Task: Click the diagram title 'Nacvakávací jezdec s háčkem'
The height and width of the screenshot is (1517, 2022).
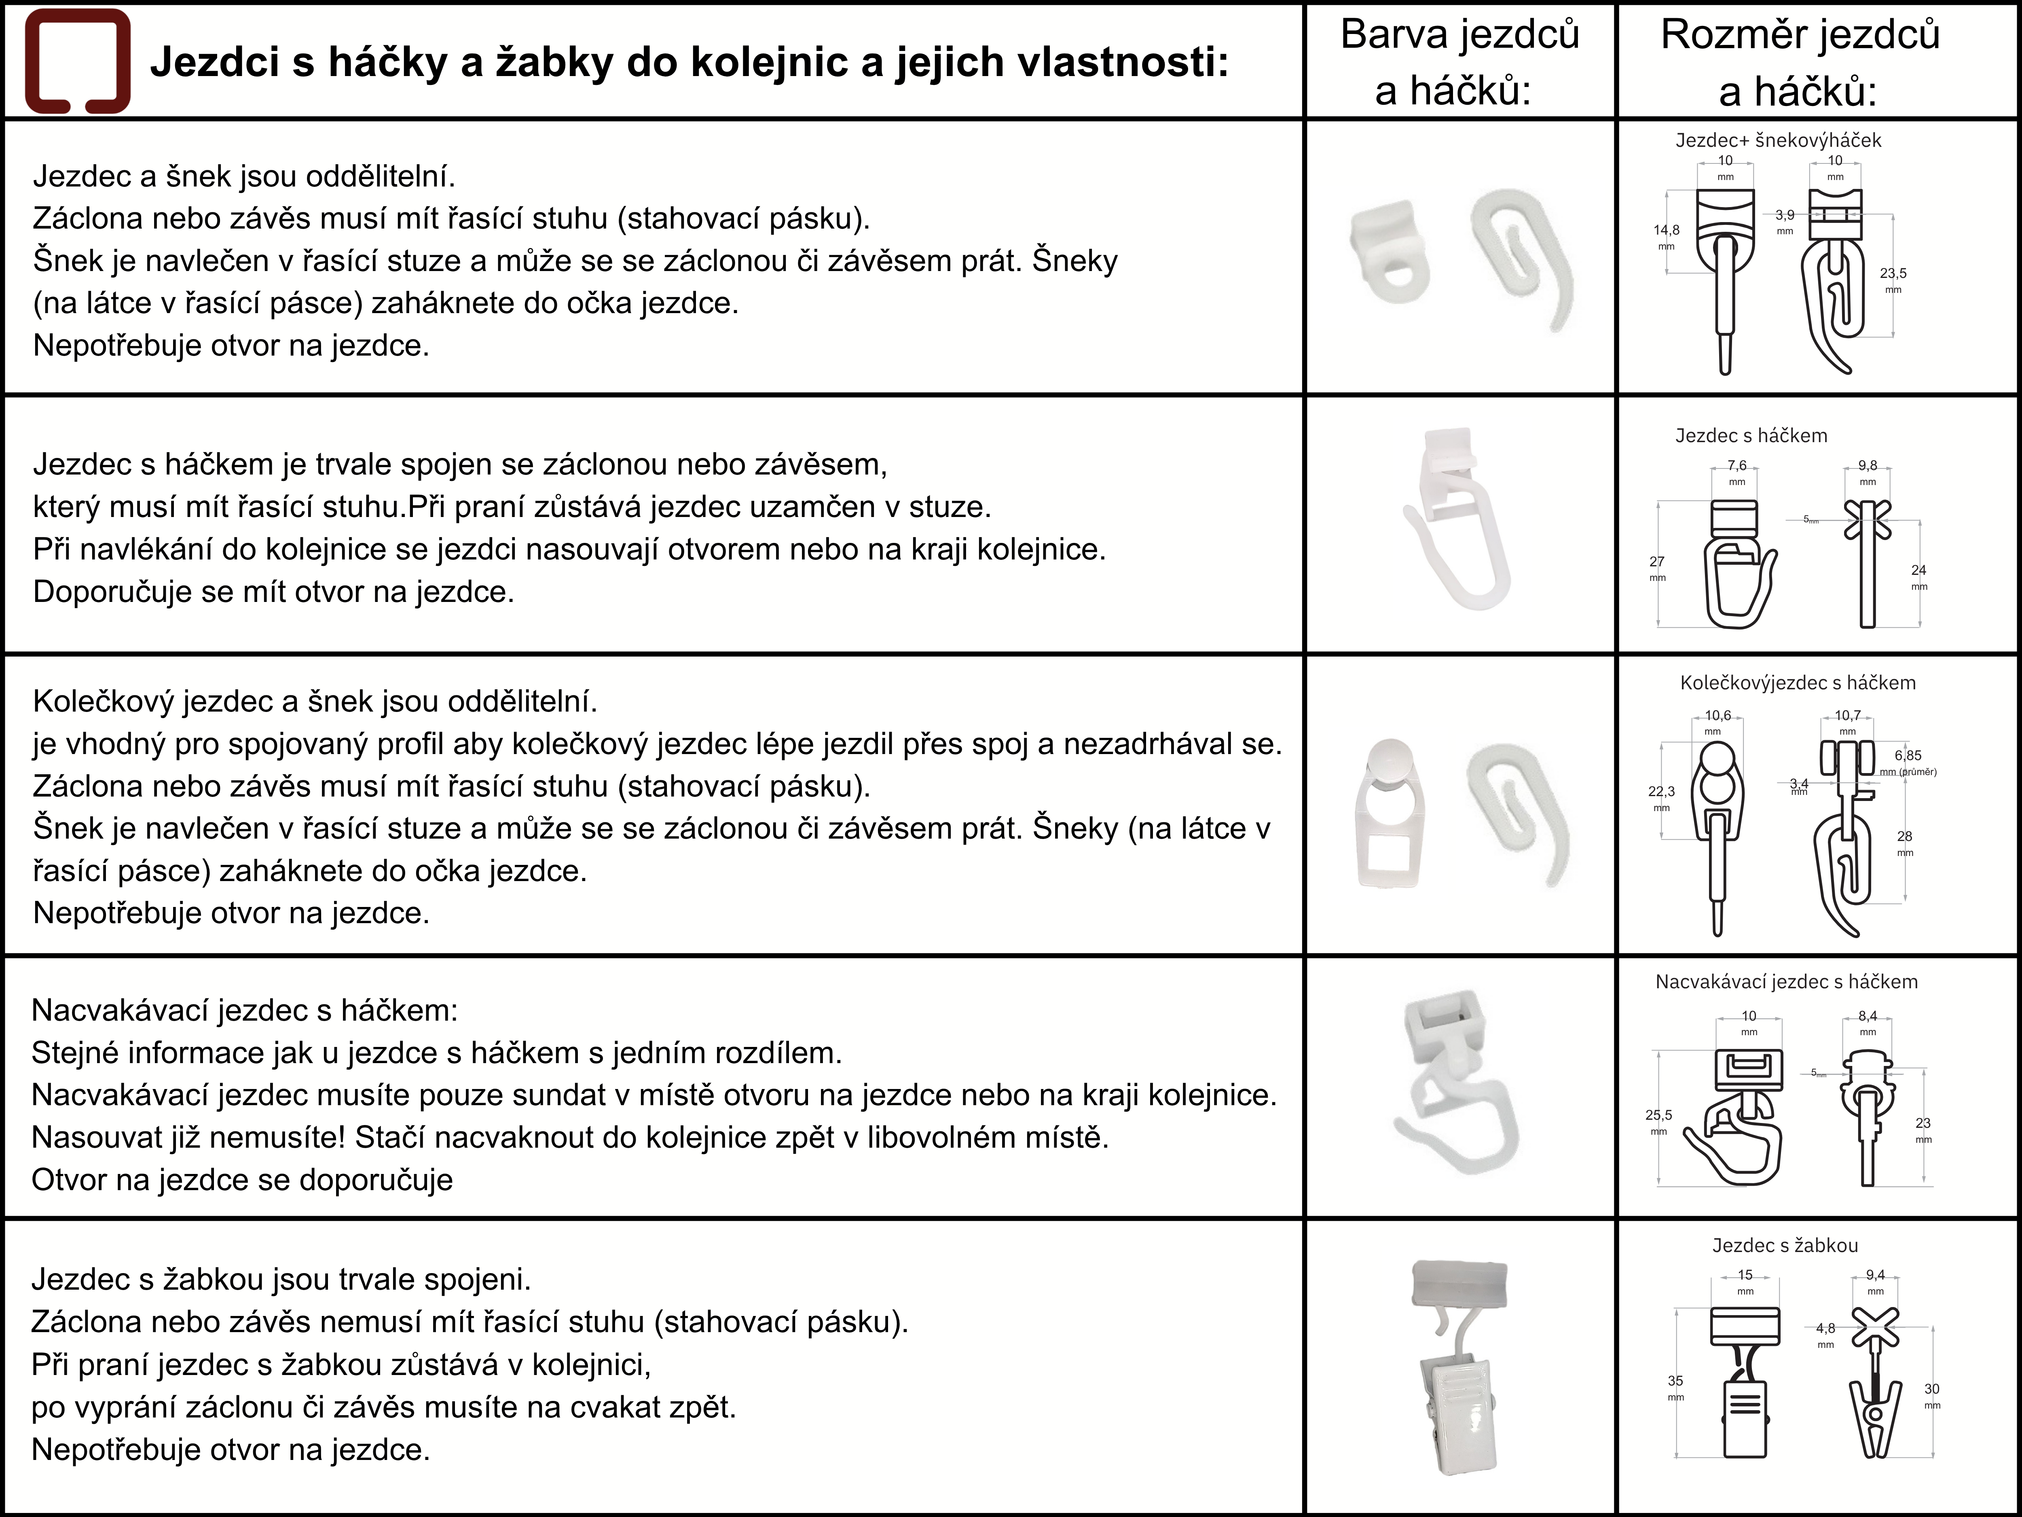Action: click(1786, 981)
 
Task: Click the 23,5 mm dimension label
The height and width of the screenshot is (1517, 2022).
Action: click(1893, 280)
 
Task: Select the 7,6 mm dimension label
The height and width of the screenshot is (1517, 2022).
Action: click(1737, 472)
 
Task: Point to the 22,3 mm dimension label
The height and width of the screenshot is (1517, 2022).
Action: click(1662, 798)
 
